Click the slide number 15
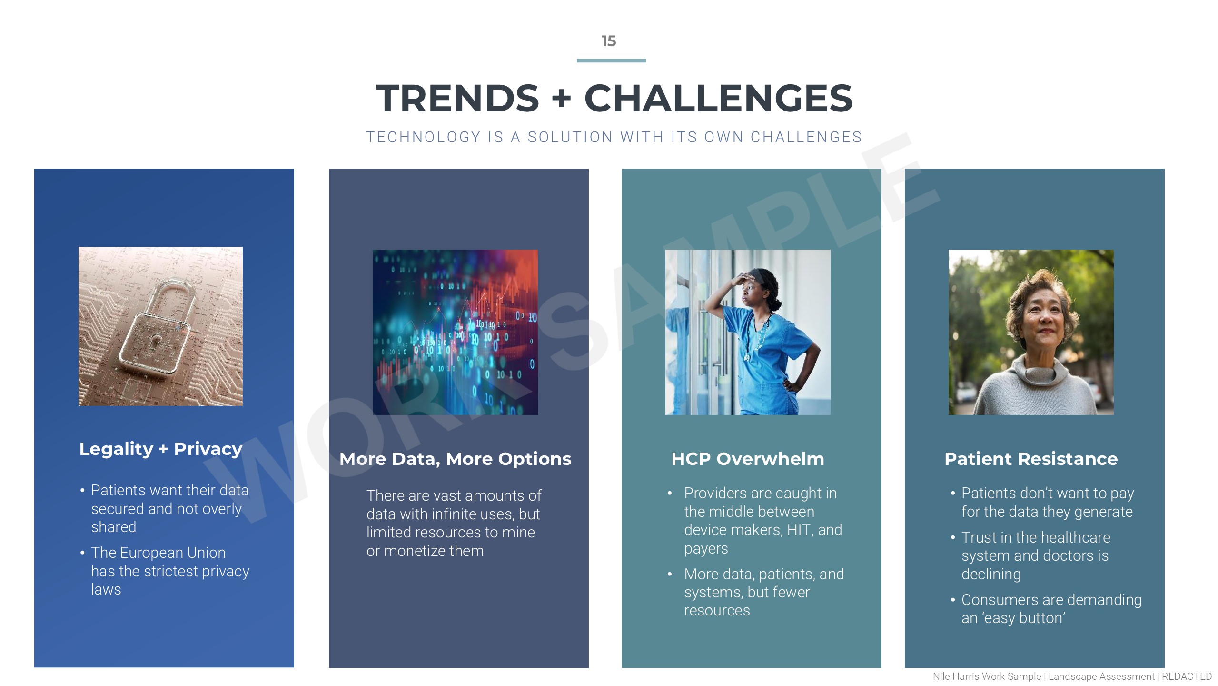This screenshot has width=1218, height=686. tap(609, 41)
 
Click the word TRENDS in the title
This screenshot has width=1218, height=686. tap(457, 98)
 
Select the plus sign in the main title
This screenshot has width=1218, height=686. tap(561, 98)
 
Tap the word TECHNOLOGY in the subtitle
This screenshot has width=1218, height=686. tap(423, 137)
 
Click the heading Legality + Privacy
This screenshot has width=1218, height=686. tap(161, 449)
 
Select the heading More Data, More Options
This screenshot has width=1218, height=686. tap(455, 459)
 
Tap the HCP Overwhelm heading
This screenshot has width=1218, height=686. tap(747, 459)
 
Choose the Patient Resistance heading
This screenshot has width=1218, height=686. tap(1031, 459)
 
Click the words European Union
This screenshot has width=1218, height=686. tap(174, 553)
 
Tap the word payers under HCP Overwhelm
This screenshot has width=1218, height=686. tap(706, 549)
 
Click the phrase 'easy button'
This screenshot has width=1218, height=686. tap(1023, 618)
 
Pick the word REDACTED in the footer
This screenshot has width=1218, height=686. tap(1187, 676)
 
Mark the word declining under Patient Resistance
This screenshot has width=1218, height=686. tap(991, 574)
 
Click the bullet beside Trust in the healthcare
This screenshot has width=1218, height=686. tap(953, 538)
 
